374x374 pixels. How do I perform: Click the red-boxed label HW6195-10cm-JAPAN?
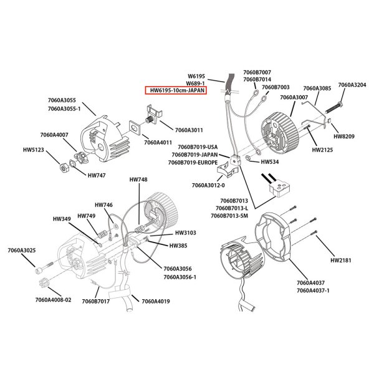176,90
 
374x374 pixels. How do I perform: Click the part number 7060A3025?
22,251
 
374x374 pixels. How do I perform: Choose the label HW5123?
34,150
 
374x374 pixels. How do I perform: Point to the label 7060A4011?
158,142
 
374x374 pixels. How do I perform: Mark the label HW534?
269,161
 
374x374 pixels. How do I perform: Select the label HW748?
138,180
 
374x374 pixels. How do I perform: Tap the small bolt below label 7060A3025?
41,269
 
